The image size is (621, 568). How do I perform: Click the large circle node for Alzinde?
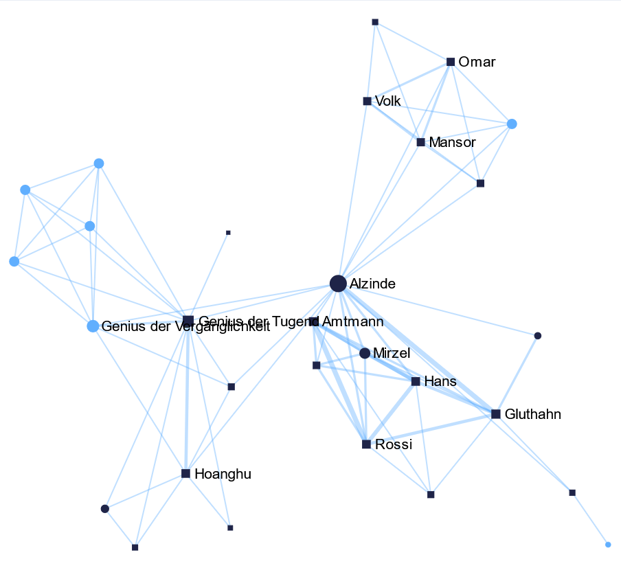337,283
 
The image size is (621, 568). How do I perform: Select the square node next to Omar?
451,62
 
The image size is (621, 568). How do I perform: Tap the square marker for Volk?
367,101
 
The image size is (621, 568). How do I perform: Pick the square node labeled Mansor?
420,142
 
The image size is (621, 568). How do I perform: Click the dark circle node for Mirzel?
365,353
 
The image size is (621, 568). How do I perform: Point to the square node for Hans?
416,381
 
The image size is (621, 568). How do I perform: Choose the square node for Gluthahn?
496,413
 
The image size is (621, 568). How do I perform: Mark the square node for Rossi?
366,444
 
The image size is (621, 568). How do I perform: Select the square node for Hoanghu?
185,473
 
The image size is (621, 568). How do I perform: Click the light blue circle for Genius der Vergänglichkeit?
93,326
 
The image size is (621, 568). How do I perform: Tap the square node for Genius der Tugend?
188,321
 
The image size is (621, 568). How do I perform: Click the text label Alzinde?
372,284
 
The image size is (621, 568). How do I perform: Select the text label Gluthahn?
533,414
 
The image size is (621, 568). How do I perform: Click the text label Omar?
477,63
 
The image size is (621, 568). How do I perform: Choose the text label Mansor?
452,143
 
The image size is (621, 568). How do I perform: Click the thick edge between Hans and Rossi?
391,413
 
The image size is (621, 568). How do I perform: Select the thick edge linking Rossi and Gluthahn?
431,429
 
